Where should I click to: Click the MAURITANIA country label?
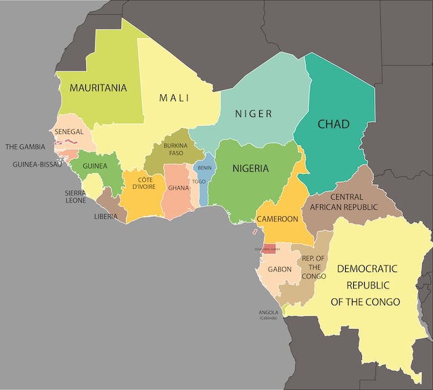tap(99, 87)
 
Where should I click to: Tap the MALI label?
tap(174, 98)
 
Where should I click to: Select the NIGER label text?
tap(254, 114)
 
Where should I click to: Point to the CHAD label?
tap(333, 124)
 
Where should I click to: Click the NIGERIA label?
tap(250, 169)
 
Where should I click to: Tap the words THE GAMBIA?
tap(25, 146)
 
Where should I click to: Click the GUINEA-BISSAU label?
tap(37, 164)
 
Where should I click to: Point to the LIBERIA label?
tap(105, 217)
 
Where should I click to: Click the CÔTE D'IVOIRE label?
tap(142, 183)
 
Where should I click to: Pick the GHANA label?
tap(179, 188)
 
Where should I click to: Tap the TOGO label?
tap(199, 181)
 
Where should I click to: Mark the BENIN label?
tap(204, 167)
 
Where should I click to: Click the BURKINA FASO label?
tap(176, 149)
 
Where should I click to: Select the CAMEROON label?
tap(277, 219)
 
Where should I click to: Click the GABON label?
tap(279, 269)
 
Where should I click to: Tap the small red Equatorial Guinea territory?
tap(270, 248)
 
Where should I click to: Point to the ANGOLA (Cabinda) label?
tap(269, 315)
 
